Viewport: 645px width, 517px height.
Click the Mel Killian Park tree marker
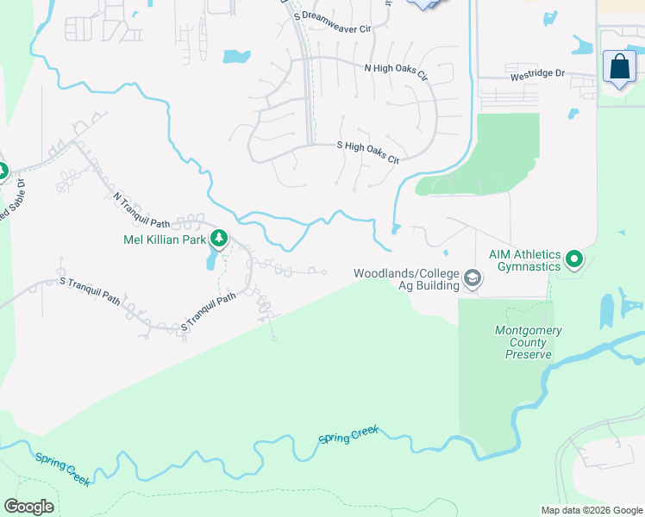click(x=220, y=237)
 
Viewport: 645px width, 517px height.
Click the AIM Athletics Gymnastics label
click(x=524, y=260)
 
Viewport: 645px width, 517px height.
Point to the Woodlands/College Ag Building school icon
click(x=472, y=278)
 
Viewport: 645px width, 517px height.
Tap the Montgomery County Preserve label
click(x=529, y=342)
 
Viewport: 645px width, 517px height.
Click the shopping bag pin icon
click(x=619, y=65)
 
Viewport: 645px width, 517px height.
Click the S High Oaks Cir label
click(x=368, y=153)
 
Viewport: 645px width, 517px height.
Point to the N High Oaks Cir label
click(x=396, y=72)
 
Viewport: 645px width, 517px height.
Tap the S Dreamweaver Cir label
click(x=332, y=22)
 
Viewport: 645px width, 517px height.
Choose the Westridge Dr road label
click(x=536, y=74)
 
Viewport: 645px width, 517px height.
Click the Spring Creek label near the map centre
click(x=348, y=436)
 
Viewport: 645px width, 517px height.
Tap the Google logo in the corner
click(x=28, y=507)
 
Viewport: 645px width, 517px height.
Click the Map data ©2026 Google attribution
click(x=591, y=510)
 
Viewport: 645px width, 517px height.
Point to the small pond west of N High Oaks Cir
click(x=235, y=58)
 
